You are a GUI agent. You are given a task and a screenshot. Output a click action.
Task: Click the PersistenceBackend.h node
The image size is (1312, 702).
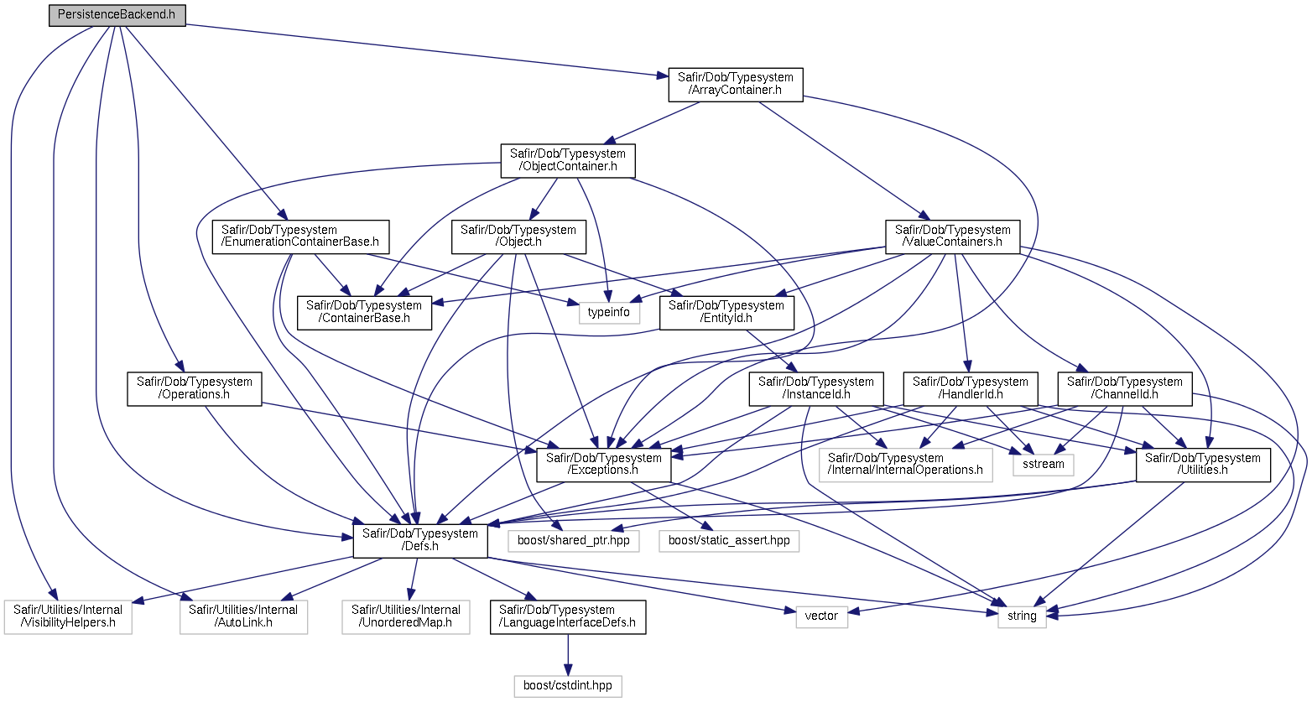pos(117,15)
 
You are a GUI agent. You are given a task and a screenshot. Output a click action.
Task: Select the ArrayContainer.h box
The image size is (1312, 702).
pos(736,85)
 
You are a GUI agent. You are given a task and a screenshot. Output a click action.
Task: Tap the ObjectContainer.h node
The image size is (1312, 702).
pos(568,161)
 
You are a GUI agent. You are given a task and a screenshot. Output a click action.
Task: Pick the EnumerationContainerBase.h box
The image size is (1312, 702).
pos(300,237)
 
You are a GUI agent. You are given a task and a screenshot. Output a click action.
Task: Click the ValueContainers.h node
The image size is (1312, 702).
pos(952,237)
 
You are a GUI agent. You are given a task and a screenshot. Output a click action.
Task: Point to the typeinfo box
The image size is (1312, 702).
pos(609,313)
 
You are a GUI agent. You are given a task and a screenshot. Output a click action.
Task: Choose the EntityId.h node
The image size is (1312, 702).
pos(726,313)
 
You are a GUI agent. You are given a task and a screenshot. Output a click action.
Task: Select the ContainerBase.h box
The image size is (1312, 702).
pos(364,313)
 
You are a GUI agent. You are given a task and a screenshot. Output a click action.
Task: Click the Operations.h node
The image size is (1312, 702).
pos(195,389)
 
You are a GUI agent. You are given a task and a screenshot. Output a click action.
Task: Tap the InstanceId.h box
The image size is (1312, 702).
pos(816,389)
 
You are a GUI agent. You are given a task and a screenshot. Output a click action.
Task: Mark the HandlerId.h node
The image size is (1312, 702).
pos(971,389)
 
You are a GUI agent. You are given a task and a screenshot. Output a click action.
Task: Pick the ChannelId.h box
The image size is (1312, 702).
pos(1125,389)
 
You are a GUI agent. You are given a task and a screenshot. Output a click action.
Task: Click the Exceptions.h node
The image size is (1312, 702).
pos(604,465)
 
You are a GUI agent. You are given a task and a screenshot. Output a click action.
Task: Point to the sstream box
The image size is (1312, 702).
pos(1044,465)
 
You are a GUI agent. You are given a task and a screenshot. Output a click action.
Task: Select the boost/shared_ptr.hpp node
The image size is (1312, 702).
pos(574,541)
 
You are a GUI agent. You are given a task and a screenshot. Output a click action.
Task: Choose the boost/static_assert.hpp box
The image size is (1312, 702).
pos(729,541)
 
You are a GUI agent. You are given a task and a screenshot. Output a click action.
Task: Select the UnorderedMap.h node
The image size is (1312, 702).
pos(406,617)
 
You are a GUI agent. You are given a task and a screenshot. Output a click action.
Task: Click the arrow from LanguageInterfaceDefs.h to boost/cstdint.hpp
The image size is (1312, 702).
pos(568,655)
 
